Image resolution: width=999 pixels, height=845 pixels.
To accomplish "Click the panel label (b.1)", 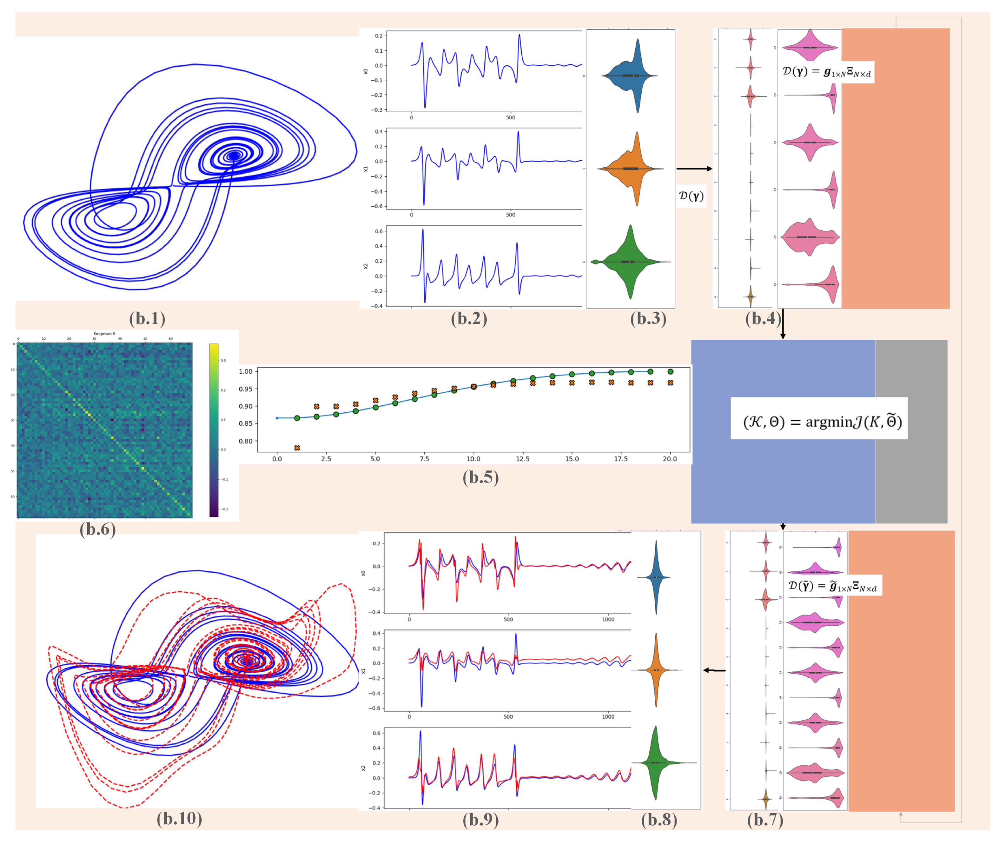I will pos(147,319).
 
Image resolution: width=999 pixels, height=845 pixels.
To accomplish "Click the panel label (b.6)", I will pos(98,529).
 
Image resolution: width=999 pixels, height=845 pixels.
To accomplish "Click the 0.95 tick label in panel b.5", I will pos(245,389).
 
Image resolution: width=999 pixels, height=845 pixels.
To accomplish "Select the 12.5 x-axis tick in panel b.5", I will pos(522,459).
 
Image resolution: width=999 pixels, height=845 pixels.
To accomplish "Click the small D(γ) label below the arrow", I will pos(691,196).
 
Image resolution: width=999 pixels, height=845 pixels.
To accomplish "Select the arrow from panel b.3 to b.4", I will pos(694,169).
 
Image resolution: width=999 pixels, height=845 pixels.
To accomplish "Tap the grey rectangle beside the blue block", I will pos(910,431).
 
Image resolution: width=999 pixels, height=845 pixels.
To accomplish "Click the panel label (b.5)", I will pos(480,478).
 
